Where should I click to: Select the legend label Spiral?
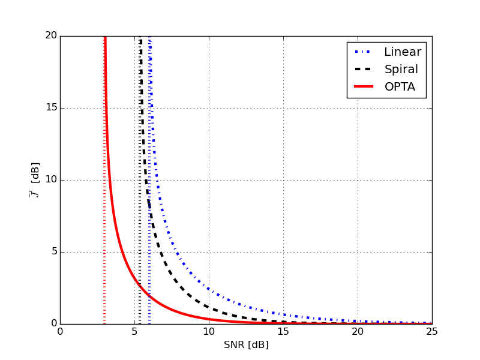click(401, 70)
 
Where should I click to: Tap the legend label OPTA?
click(400, 88)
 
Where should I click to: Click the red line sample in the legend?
click(362, 88)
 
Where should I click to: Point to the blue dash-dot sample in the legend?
click(362, 52)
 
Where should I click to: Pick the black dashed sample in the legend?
click(362, 70)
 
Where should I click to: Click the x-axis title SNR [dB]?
click(246, 345)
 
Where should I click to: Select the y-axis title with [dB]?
click(35, 180)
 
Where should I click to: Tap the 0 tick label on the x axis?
click(60, 331)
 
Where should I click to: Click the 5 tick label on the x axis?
click(134, 331)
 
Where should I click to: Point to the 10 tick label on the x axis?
click(209, 331)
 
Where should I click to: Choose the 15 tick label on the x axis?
click(283, 331)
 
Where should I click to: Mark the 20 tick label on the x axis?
click(358, 331)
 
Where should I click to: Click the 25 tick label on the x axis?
click(432, 331)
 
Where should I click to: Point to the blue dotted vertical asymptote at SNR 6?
click(149, 270)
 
